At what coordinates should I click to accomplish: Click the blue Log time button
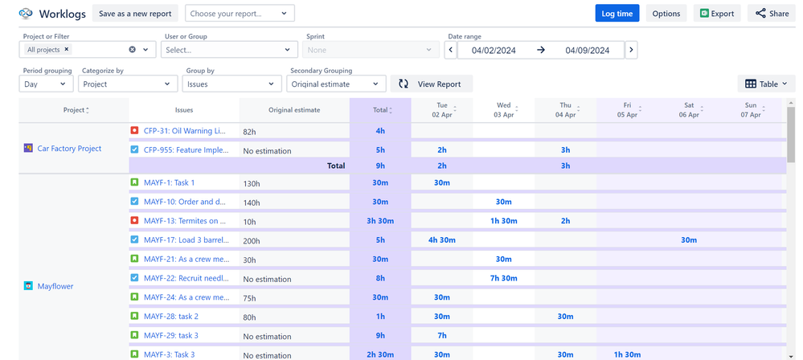pos(617,14)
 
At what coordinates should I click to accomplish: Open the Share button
pos(772,14)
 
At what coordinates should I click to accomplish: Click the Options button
pos(666,14)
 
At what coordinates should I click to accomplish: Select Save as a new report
pos(135,14)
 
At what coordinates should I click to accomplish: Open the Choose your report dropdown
pos(240,14)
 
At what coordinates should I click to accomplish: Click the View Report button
pos(432,84)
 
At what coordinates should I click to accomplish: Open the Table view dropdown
pos(765,84)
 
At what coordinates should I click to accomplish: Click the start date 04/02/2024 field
pos(494,50)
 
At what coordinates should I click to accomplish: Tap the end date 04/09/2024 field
pos(587,50)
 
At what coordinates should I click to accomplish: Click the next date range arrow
pos(631,50)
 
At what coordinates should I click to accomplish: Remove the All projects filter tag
pos(68,50)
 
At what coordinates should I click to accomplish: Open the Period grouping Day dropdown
pos(46,84)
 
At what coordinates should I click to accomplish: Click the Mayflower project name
pos(55,286)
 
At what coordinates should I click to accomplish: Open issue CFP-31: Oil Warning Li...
pos(185,131)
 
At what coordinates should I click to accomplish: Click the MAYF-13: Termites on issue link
pos(185,221)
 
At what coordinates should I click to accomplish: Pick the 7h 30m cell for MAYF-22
pos(503,278)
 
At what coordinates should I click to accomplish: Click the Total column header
pos(380,110)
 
